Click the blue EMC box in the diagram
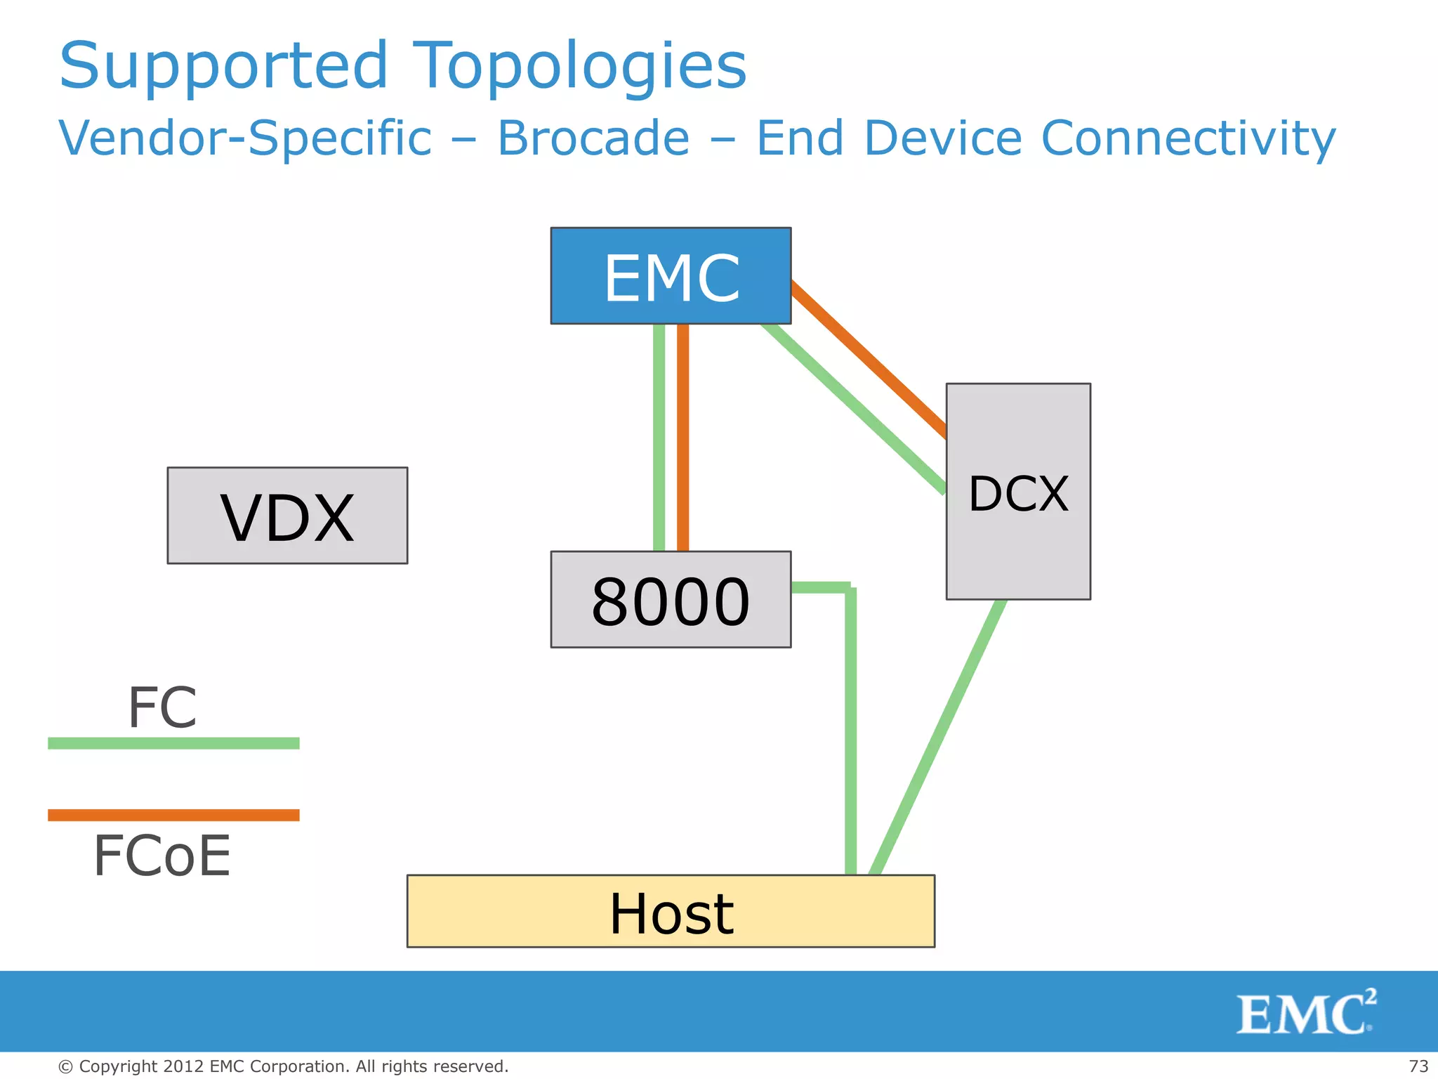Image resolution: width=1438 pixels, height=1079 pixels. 671,276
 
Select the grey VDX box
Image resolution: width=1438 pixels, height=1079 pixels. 287,516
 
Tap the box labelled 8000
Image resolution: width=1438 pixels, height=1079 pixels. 671,600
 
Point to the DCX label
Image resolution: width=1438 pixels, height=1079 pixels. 1018,494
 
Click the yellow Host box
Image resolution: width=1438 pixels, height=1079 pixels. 671,911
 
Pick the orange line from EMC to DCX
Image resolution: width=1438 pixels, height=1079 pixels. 869,358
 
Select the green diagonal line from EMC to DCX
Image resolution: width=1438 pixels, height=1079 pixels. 853,407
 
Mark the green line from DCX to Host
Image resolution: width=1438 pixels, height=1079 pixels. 937,738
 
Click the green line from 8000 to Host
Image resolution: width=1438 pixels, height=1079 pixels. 851,731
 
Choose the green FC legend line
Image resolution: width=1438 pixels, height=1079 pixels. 173,743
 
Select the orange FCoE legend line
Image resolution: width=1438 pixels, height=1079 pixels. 173,815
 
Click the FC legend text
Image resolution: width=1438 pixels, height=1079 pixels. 162,707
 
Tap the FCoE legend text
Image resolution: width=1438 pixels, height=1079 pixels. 162,856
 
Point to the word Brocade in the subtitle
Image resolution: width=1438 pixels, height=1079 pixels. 593,138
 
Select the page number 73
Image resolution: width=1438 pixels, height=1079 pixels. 1418,1066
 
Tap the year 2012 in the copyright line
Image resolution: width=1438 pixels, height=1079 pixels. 184,1066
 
